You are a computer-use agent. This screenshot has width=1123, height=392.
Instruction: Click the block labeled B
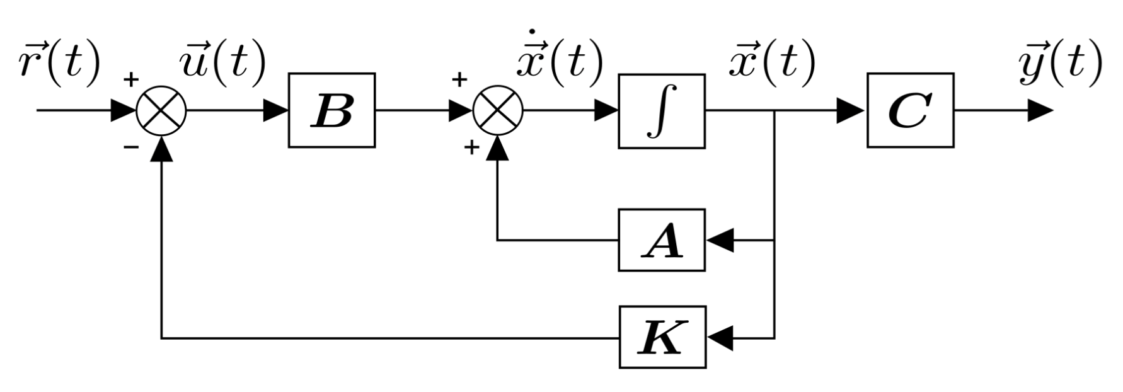tap(331, 110)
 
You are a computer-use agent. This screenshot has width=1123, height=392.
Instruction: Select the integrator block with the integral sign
tap(661, 111)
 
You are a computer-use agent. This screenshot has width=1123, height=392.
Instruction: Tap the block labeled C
tap(909, 110)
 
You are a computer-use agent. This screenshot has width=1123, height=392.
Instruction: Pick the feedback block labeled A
tap(661, 240)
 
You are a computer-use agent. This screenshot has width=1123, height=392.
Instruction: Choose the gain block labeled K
tap(662, 337)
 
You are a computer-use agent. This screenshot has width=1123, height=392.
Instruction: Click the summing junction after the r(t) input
tap(161, 111)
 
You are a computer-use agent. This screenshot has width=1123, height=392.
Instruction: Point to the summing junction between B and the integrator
tap(497, 111)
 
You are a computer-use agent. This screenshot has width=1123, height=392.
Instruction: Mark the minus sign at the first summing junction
tap(130, 147)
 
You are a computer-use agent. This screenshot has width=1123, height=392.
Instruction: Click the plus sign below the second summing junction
tap(470, 148)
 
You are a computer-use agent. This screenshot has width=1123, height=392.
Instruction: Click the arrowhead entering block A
tap(720, 240)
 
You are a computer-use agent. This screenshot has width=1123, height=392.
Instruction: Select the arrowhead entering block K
tap(720, 338)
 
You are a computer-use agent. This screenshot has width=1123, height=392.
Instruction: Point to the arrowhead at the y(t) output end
tap(1040, 111)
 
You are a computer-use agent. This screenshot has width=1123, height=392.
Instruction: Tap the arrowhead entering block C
tap(851, 111)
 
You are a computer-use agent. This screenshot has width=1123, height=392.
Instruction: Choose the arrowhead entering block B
tap(275, 111)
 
